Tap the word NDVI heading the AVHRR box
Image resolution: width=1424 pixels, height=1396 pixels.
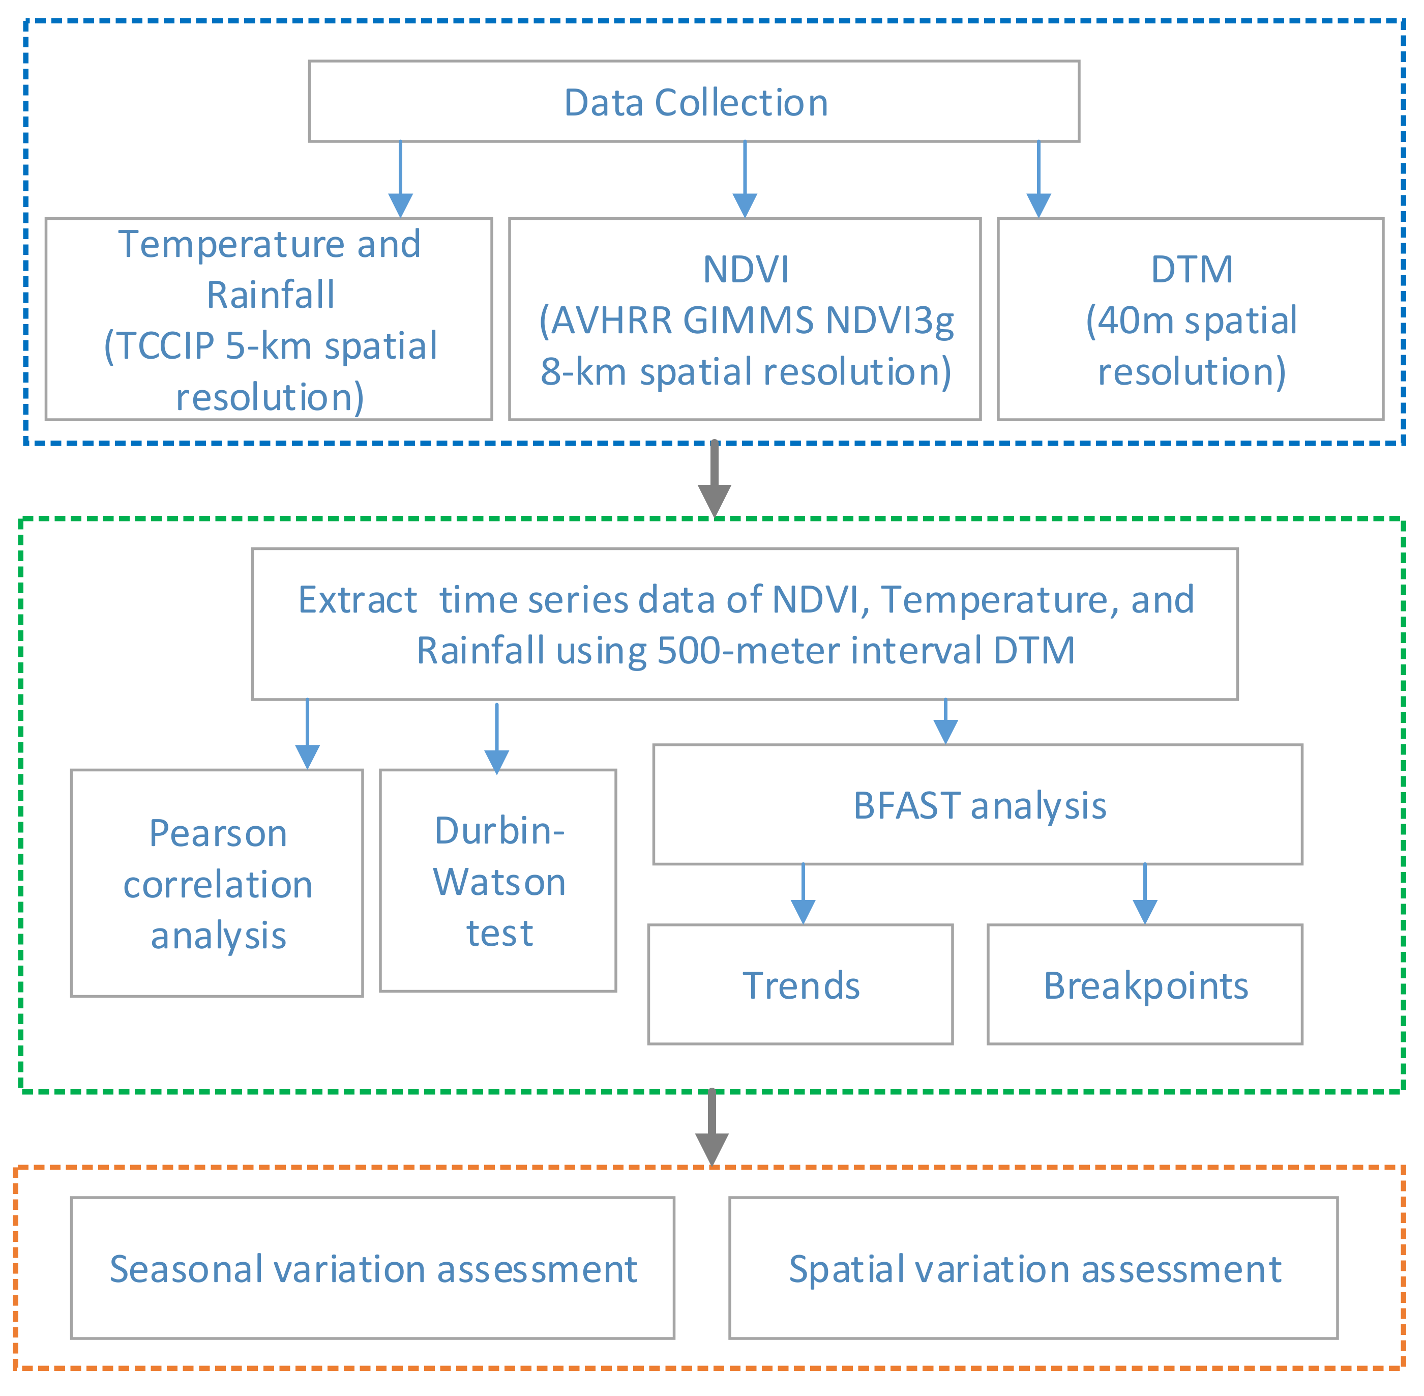[746, 269]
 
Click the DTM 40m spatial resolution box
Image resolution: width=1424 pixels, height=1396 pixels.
[1190, 319]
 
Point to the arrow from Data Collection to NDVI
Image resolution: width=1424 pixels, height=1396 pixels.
[745, 180]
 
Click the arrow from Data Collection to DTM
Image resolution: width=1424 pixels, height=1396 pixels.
[1038, 180]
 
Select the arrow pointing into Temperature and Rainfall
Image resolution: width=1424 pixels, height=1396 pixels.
[400, 180]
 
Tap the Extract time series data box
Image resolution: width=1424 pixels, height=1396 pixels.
[745, 624]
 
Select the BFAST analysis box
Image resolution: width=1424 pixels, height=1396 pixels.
[977, 804]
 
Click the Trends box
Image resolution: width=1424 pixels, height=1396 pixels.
[800, 985]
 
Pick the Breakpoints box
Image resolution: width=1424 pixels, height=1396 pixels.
[1145, 985]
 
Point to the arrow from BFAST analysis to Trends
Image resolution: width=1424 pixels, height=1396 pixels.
[803, 894]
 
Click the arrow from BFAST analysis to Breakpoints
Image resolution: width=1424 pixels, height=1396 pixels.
[1145, 894]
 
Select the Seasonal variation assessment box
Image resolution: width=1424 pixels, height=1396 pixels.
[372, 1269]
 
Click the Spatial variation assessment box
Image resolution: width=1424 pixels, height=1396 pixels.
[1033, 1269]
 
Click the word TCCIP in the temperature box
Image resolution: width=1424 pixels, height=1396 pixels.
[168, 346]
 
